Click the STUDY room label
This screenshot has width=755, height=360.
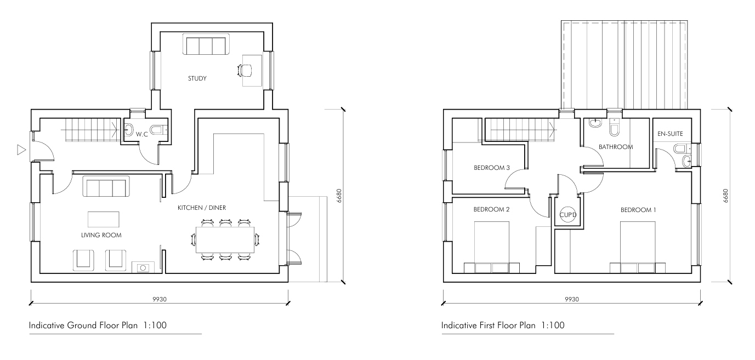tap(197, 78)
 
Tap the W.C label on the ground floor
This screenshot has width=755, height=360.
tap(142, 134)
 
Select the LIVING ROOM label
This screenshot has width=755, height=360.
tap(101, 235)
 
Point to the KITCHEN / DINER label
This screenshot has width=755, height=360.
tap(202, 208)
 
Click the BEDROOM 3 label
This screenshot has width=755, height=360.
tap(492, 168)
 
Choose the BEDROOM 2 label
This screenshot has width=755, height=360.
tap(491, 209)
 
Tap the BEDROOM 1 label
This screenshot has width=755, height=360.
tap(638, 210)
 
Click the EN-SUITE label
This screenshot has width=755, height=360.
tap(670, 134)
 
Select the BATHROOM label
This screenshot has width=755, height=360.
tap(616, 147)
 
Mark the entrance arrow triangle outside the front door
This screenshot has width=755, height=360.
tap(21, 150)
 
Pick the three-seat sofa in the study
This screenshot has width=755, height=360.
tap(206, 44)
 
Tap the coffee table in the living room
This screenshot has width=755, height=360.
tap(104, 219)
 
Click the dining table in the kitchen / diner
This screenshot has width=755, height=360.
tap(225, 240)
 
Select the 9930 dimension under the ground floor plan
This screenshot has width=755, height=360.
tap(160, 299)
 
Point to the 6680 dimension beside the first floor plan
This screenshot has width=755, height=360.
tap(726, 196)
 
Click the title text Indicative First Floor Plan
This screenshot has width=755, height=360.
tap(489, 325)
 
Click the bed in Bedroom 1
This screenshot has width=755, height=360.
tap(638, 247)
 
